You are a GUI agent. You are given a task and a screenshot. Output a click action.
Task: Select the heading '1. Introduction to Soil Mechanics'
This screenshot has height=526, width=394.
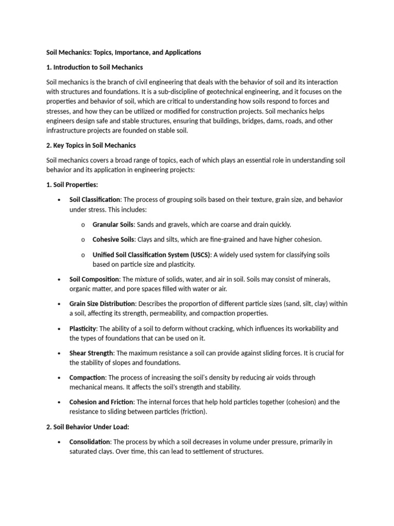point(94,67)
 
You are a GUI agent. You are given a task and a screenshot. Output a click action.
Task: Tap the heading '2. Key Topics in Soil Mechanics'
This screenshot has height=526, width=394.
point(91,145)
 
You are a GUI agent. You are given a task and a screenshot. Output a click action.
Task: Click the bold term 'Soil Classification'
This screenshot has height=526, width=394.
point(95,199)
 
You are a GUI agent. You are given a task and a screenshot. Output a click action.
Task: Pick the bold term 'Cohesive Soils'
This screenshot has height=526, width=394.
point(113,239)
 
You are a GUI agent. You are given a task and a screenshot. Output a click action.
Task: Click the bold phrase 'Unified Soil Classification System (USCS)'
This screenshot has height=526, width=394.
point(151,255)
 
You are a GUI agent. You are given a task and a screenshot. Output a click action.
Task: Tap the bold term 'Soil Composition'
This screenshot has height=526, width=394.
point(94,279)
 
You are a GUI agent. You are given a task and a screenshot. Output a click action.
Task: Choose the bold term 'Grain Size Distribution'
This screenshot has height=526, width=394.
point(103,304)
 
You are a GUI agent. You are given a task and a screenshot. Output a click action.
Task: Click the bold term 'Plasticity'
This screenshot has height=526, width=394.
point(83,328)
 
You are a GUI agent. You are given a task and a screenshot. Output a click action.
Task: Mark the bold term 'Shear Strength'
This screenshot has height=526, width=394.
point(91,353)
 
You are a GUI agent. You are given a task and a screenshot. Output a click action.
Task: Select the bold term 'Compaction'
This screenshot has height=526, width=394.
point(87,378)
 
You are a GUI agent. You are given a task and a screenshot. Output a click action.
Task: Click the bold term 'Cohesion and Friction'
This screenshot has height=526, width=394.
point(101,402)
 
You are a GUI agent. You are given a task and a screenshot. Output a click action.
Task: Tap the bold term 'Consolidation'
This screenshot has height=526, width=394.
point(90,442)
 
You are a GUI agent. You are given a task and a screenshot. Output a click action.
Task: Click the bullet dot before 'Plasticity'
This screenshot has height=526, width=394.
point(60,329)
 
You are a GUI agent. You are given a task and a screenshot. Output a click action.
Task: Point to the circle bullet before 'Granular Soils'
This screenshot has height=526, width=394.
point(83,225)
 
